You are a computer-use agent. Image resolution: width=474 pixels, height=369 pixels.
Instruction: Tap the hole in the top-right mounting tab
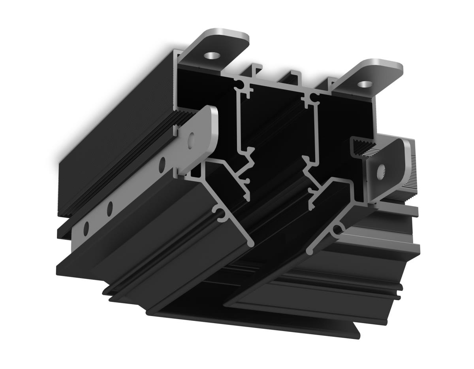click(x=364, y=84)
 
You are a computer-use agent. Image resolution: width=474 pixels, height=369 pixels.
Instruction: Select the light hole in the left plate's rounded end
click(x=192, y=139)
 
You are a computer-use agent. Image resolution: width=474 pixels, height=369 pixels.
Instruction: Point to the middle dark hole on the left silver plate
click(x=110, y=206)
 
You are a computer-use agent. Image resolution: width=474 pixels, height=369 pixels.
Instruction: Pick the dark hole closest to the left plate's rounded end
click(x=162, y=165)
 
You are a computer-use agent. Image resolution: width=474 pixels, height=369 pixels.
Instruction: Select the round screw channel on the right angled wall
click(x=338, y=229)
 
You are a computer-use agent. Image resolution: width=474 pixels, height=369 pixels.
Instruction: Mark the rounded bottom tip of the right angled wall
click(x=310, y=251)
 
